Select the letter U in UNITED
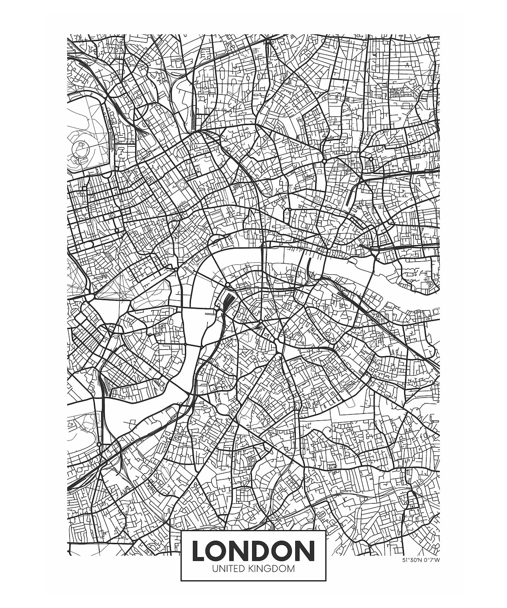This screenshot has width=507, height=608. pyautogui.click(x=215, y=568)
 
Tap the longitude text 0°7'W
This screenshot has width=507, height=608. pyautogui.click(x=431, y=560)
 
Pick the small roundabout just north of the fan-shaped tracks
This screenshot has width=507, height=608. pyautogui.click(x=227, y=284)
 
